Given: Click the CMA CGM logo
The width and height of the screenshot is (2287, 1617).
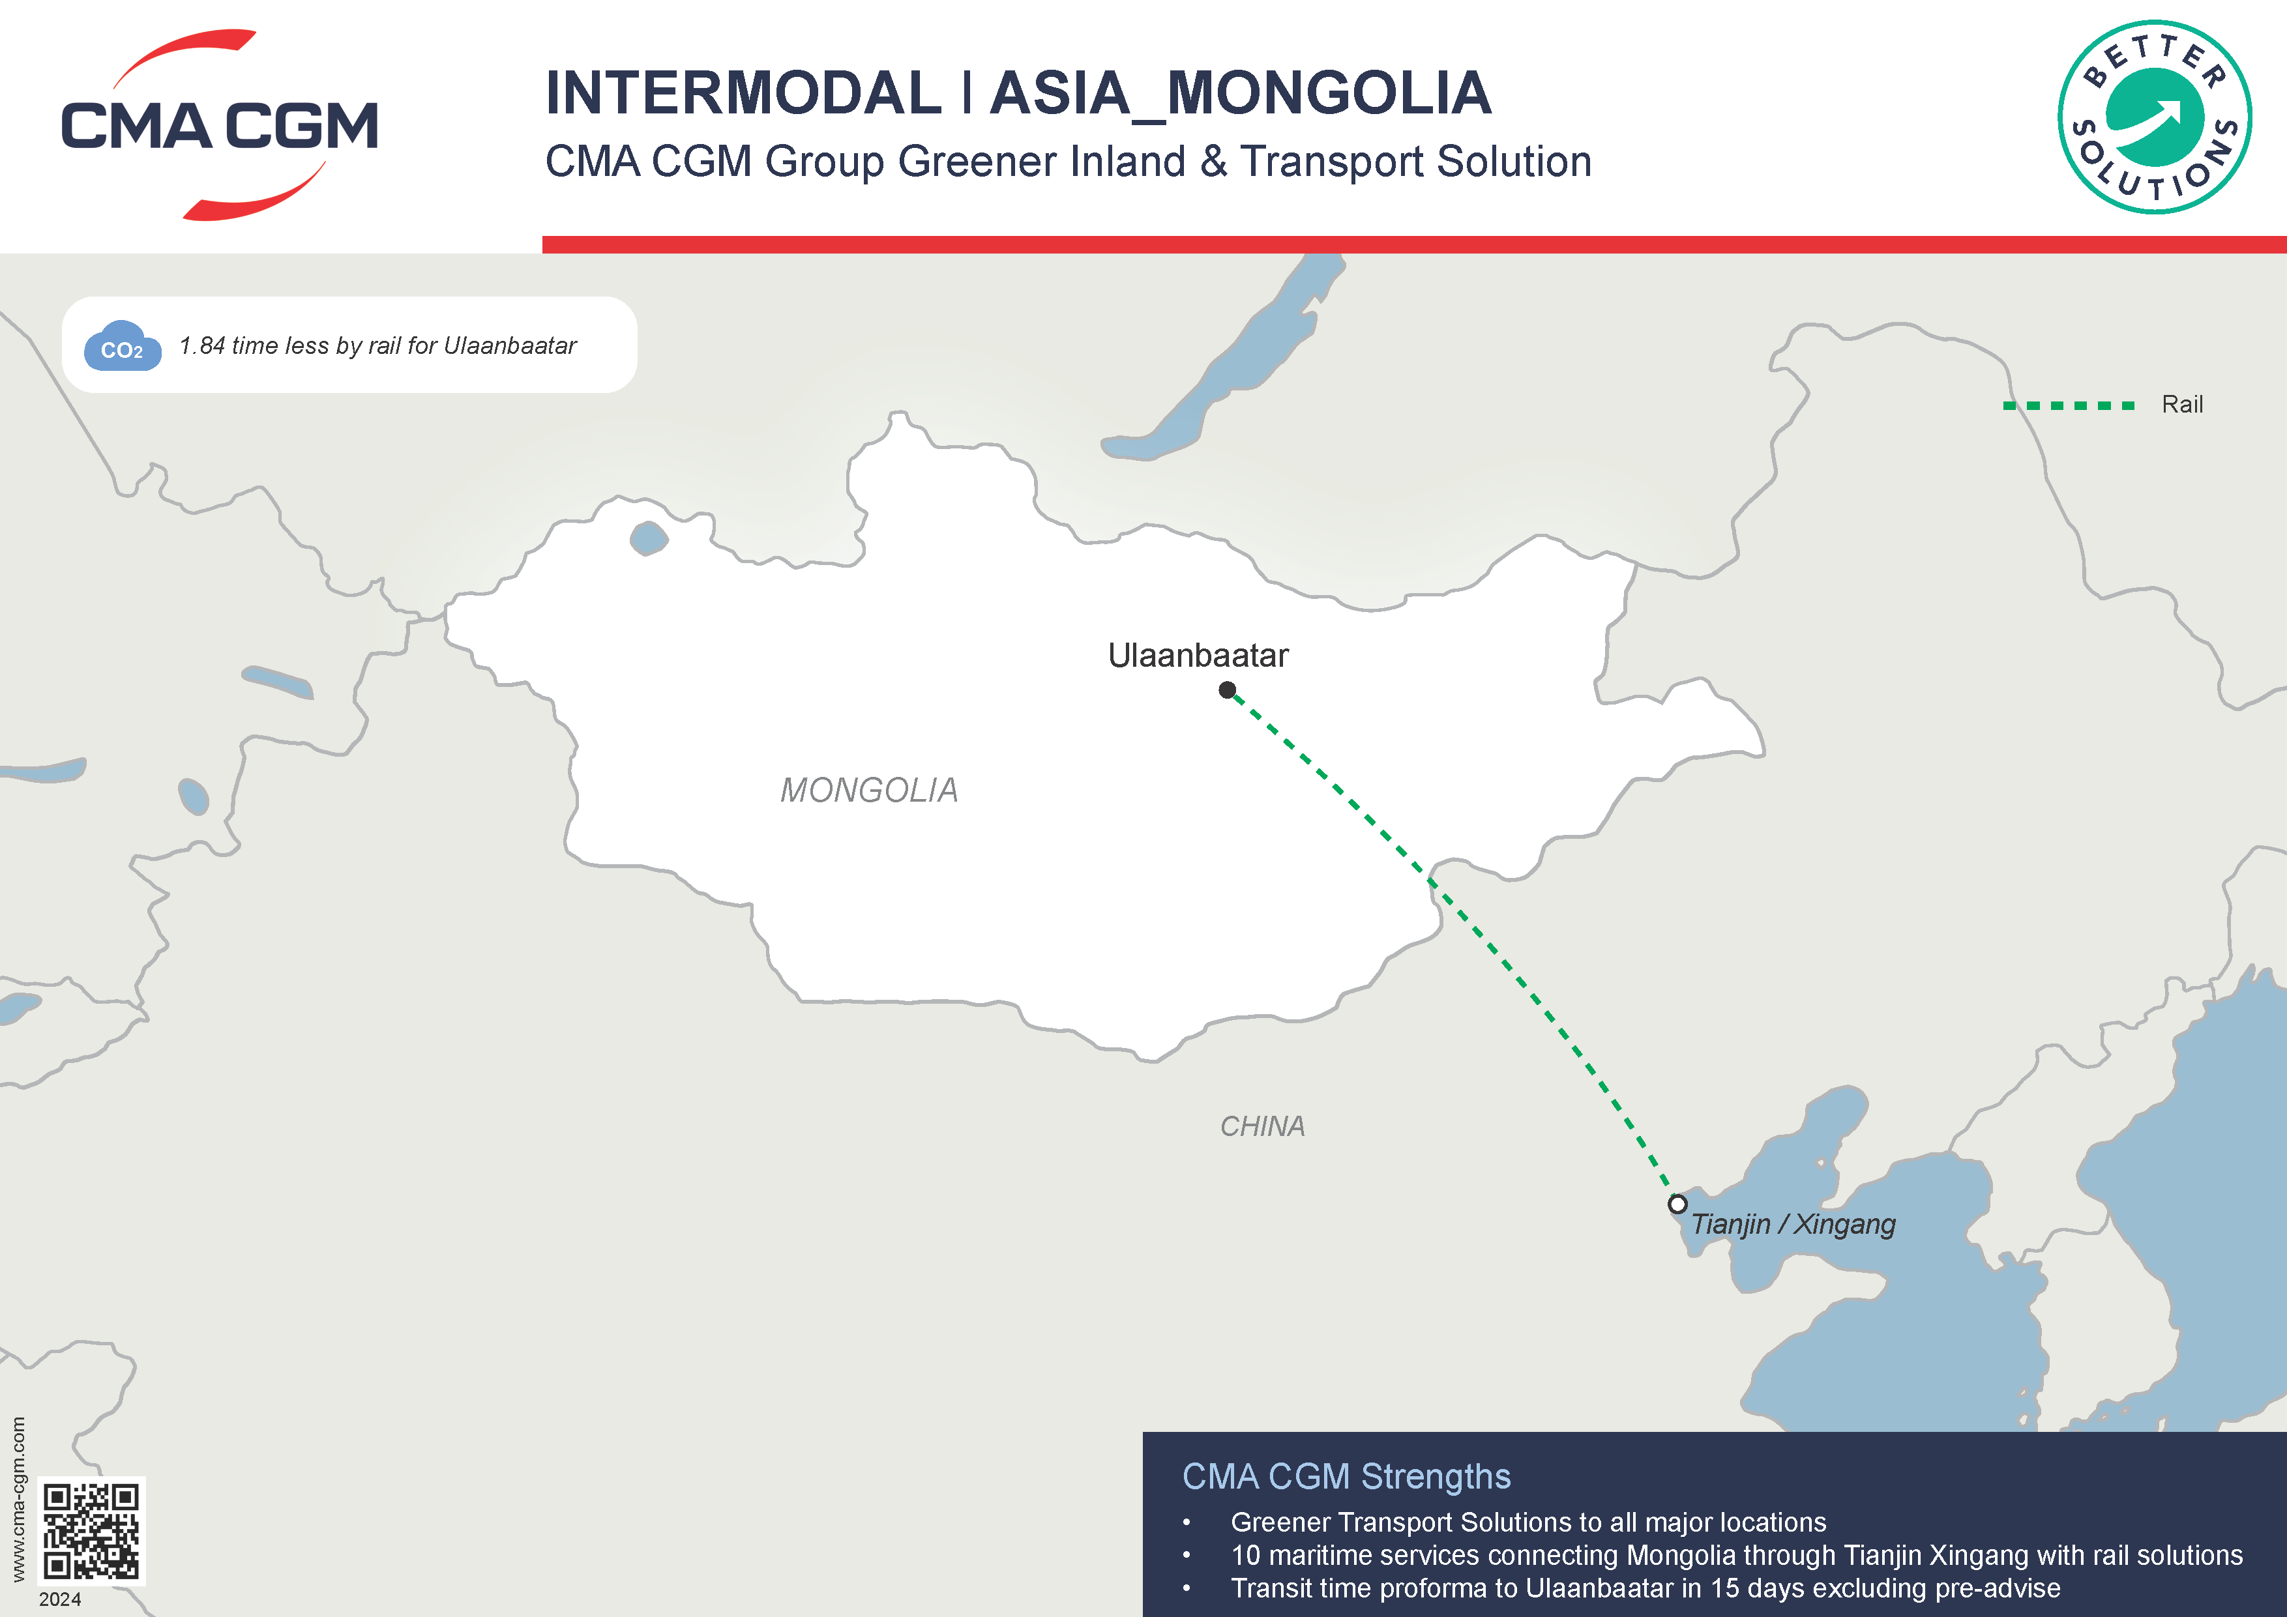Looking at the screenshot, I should click(219, 125).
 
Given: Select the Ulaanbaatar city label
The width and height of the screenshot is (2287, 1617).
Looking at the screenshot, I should click(1198, 655).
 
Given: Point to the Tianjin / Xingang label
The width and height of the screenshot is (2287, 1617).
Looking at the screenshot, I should click(1793, 1224).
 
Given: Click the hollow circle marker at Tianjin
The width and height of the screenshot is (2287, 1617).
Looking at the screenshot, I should click(1677, 1204).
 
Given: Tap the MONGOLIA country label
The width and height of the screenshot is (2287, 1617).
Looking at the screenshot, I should click(868, 791).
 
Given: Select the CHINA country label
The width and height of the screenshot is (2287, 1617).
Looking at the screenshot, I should click(1262, 1126).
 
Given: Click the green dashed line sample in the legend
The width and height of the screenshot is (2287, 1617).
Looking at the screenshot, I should click(2069, 405).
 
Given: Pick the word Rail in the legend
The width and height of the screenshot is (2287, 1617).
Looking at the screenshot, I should click(2181, 404).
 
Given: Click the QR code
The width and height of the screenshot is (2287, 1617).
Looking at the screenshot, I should click(92, 1530).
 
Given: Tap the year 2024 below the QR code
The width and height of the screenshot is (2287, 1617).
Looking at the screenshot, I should click(60, 1599).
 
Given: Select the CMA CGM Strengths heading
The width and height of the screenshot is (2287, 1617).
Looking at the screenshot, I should click(1346, 1476).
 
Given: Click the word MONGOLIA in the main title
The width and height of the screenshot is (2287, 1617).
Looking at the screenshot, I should click(1329, 94).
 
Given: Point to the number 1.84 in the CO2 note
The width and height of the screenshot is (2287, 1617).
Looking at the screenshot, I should click(202, 345).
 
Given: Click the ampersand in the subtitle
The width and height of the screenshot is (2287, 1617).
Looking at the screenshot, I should click(1213, 161).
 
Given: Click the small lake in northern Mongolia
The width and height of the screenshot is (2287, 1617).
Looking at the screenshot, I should click(649, 538).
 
